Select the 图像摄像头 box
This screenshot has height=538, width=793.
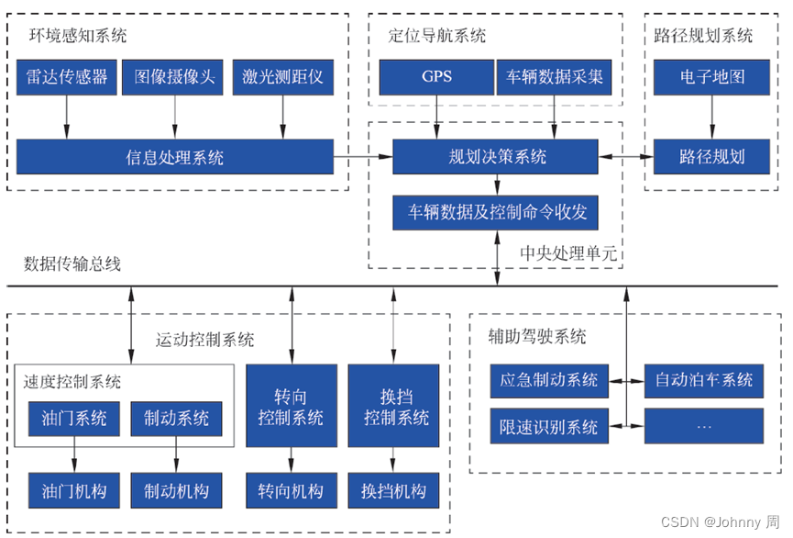[x=174, y=77]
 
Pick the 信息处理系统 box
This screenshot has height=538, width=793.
[x=174, y=157]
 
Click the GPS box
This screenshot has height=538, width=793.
[x=436, y=77]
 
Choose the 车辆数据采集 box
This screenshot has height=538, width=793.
[x=554, y=77]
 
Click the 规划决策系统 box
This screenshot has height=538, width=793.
[x=495, y=157]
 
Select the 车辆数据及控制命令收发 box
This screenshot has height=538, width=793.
[x=495, y=212]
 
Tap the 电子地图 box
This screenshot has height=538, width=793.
[x=711, y=77]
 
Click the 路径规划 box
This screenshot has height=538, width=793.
[x=711, y=157]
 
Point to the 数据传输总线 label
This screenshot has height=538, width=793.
[x=72, y=264]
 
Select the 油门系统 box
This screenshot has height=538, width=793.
[x=74, y=419]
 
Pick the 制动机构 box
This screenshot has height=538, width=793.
[x=176, y=490]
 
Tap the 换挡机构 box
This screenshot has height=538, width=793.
[x=393, y=490]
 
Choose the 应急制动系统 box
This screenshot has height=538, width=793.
[x=548, y=379]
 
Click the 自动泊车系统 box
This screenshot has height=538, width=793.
[x=703, y=379]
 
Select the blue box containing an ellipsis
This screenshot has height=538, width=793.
[x=703, y=427]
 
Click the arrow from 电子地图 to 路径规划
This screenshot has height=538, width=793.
[x=711, y=117]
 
